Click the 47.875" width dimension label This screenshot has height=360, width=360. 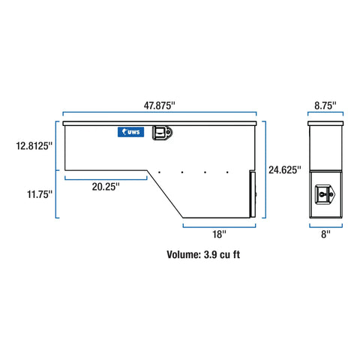pos(159,106)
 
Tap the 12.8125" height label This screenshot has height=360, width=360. pos(34,145)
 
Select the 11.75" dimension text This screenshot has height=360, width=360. pos(40,194)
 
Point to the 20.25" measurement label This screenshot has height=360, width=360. pos(106,187)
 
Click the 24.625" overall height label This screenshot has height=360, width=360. pos(285,170)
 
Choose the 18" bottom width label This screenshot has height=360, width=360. pos(219,234)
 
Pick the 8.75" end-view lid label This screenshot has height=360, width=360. pos(325,106)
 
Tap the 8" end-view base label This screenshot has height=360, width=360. pos(325,234)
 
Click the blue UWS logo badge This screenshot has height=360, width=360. pos(130,132)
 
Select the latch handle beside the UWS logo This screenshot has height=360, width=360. pos(162,133)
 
